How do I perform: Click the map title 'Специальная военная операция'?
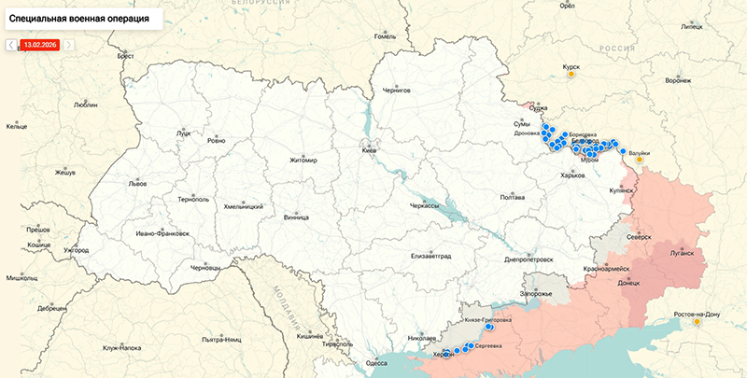point(78,17)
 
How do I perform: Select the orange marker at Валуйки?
point(640,160)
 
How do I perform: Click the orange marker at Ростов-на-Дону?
point(696,323)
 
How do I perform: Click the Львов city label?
point(137,184)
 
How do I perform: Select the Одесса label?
point(376,362)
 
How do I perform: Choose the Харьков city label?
point(571,175)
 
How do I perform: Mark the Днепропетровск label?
point(529,259)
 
